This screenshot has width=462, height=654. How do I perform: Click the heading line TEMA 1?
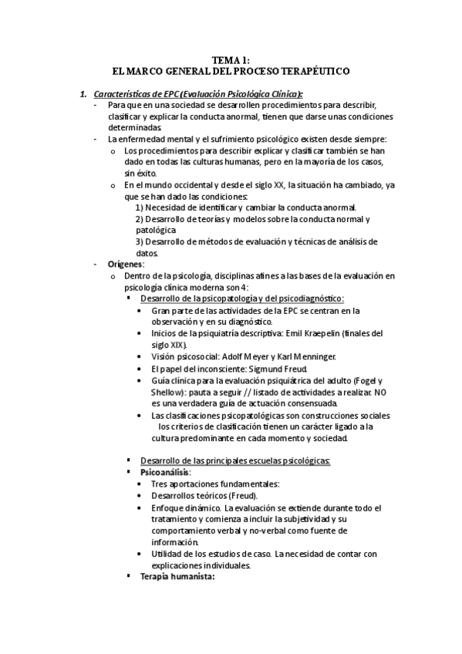[231, 59]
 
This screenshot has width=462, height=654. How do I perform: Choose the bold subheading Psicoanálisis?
[165, 472]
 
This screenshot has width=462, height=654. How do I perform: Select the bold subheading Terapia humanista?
[177, 576]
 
